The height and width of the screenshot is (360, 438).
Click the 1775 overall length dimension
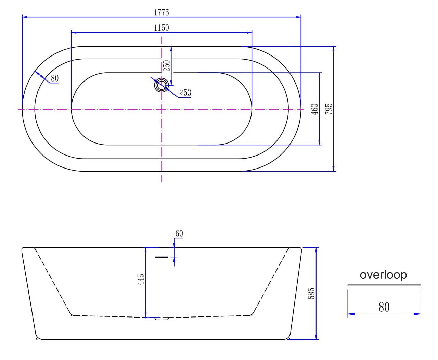[162, 13]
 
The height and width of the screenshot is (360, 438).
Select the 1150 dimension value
[162, 28]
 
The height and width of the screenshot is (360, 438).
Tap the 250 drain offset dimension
[167, 65]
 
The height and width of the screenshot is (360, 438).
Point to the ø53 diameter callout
[185, 92]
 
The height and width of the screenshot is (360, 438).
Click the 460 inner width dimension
[315, 109]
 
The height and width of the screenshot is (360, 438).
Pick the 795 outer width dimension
[329, 109]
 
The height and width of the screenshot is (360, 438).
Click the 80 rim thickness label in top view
[55, 78]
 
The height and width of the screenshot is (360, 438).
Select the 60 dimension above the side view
[179, 234]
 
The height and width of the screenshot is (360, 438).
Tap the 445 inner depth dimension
[141, 280]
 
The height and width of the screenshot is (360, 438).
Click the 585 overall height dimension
[311, 294]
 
